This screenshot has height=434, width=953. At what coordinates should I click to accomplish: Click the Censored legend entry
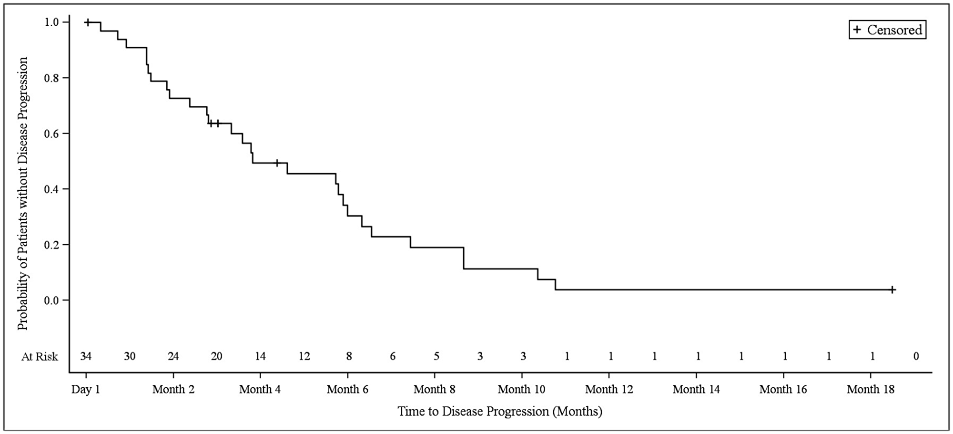coord(887,30)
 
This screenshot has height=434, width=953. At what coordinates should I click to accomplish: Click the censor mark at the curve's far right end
coord(892,289)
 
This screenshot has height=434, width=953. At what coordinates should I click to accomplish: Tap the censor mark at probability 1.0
coord(87,22)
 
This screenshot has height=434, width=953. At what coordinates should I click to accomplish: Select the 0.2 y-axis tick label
coord(52,245)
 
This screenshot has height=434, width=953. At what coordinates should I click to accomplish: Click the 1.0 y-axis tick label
coord(52,22)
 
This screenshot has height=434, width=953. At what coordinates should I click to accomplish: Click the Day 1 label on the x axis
coord(86,390)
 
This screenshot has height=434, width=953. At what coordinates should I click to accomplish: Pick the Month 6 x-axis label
coord(347,390)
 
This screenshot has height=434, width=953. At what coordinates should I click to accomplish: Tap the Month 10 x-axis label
coord(521,390)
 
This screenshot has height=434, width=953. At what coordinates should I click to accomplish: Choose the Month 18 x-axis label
coord(870,390)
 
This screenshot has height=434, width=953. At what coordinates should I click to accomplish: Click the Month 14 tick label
coord(696,390)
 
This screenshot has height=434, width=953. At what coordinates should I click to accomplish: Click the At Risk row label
coord(40,357)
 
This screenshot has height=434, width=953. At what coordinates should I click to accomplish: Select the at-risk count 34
coord(86,356)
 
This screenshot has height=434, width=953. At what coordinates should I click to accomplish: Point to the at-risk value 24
coord(173,356)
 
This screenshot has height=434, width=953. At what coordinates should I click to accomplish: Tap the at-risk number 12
coord(304,356)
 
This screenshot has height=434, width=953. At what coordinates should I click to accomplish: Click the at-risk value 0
coord(916,356)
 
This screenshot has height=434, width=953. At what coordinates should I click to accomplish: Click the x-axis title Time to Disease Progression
coord(500,411)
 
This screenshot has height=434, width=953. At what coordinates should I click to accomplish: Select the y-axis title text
coord(23,193)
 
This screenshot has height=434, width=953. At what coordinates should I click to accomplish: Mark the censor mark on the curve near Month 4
coord(277,163)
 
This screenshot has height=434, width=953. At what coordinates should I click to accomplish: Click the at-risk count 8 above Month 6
coord(349,356)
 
